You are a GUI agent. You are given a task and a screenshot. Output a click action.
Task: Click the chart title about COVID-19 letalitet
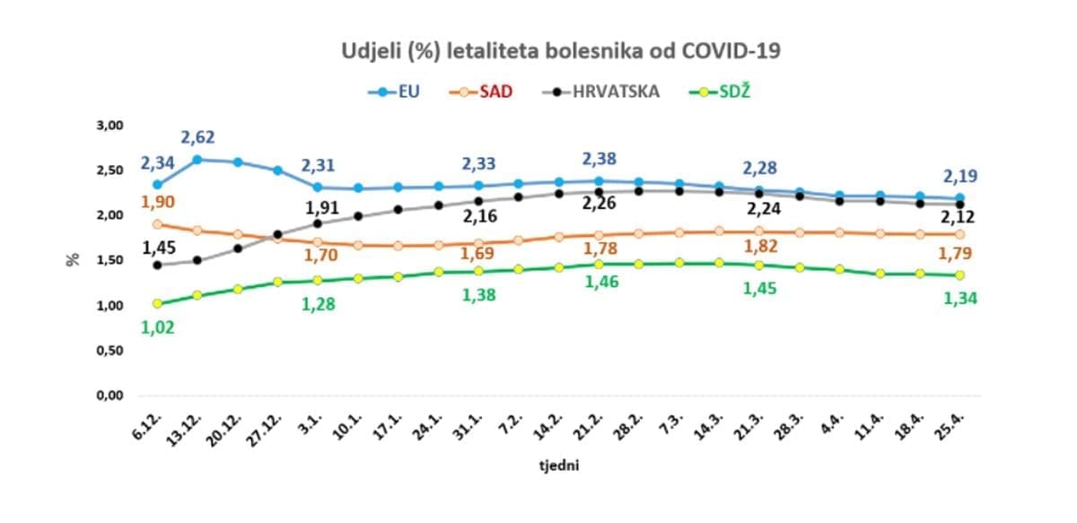561,51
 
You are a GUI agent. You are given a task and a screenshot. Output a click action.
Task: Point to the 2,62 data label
198,138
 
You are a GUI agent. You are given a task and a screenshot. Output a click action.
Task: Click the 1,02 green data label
157,327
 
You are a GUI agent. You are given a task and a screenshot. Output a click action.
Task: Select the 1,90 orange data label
157,202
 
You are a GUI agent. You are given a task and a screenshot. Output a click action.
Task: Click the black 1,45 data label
157,246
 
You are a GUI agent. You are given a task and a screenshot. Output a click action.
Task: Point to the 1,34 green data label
959,299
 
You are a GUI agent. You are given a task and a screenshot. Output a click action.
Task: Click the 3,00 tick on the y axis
109,125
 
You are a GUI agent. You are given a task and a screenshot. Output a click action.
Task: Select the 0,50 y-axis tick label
109,351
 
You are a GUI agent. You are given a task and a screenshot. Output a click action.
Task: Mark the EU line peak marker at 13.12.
197,160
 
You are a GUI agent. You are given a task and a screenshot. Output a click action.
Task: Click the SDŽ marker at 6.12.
158,303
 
